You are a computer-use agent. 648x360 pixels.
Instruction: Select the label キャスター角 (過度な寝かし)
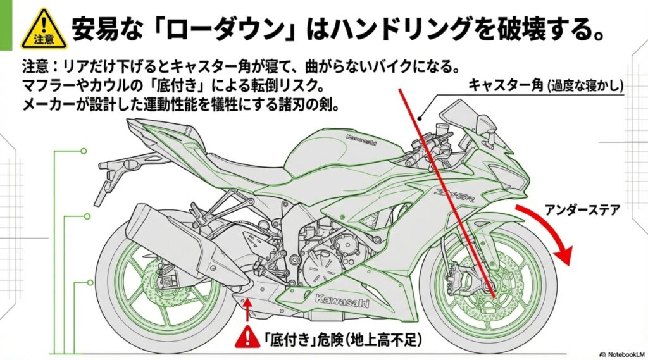pos(545,85)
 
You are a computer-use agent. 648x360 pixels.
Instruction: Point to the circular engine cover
pos(319,270)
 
